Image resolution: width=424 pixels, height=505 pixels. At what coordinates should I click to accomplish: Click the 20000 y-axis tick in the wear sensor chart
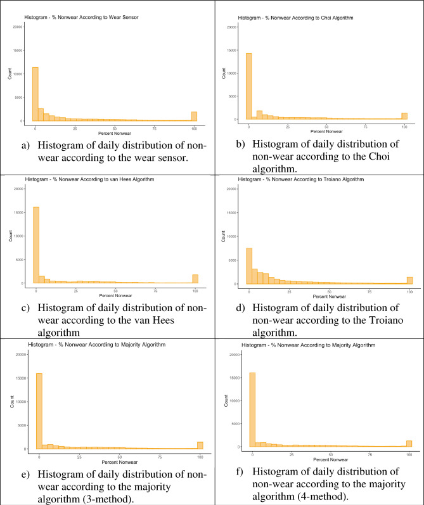[x=17, y=27]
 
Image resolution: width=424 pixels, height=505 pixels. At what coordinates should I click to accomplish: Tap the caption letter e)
[x=26, y=473]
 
